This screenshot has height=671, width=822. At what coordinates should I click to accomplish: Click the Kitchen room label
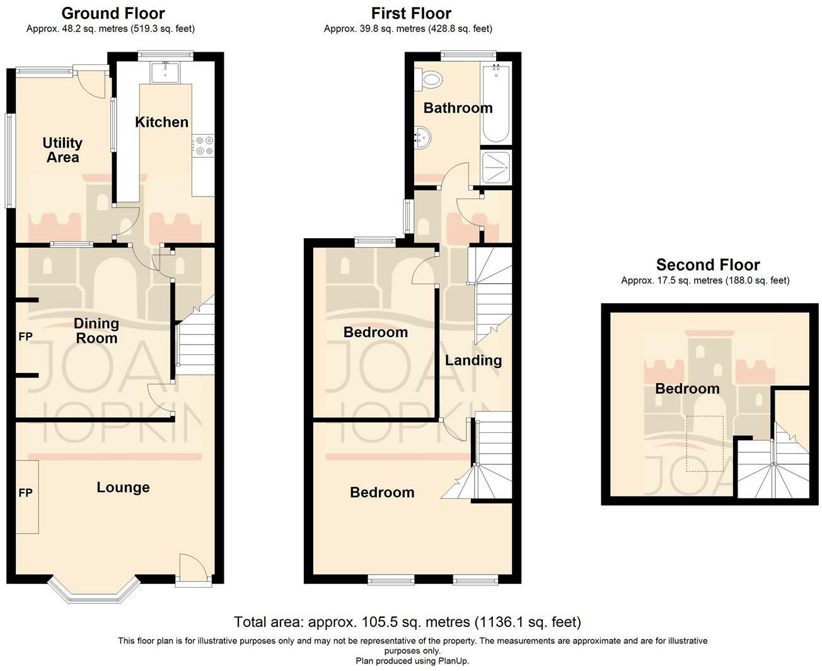[x=161, y=122]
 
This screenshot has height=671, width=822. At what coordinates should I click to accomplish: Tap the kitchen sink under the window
[x=165, y=72]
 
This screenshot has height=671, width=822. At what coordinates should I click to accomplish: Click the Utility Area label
[x=62, y=150]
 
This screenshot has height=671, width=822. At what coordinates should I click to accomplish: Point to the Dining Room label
[x=96, y=331]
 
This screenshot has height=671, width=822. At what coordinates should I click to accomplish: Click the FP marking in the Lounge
[x=25, y=493]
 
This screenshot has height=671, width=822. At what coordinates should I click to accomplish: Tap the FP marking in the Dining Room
[x=25, y=336]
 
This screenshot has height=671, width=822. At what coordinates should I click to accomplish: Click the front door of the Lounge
[x=192, y=570]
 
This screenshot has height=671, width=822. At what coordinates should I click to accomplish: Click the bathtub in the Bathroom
[x=495, y=104]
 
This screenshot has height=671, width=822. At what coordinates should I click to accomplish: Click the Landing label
[x=473, y=360]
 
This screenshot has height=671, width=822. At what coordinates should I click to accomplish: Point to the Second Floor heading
[x=708, y=265]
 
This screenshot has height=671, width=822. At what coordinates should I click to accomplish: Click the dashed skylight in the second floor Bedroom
[x=705, y=444]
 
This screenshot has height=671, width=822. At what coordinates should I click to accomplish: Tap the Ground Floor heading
[x=113, y=13]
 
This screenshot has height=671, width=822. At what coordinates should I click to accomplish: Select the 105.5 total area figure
[x=380, y=622]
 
